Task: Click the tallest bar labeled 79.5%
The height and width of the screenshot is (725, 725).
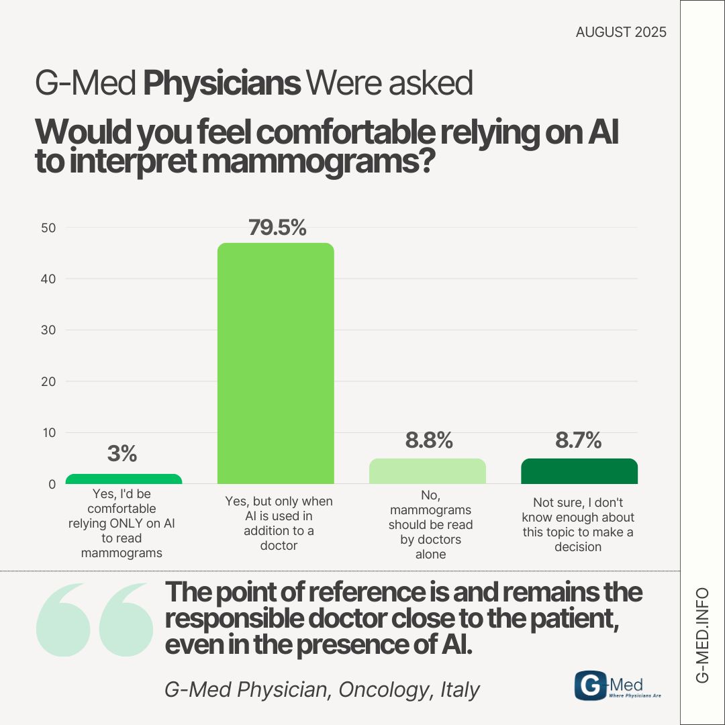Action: click(x=276, y=362)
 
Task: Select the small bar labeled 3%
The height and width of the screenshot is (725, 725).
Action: click(x=124, y=479)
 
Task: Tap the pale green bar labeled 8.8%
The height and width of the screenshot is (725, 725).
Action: click(x=428, y=471)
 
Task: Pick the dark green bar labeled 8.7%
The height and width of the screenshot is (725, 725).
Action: click(x=579, y=471)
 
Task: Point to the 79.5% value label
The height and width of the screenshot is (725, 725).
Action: click(x=277, y=228)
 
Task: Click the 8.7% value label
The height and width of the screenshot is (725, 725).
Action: click(x=578, y=441)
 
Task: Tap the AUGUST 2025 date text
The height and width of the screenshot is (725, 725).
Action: click(x=621, y=32)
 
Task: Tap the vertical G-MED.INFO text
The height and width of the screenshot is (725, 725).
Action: click(x=702, y=635)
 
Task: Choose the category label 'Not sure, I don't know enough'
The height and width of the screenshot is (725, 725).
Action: click(x=583, y=524)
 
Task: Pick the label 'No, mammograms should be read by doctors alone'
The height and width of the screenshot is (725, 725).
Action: click(x=430, y=524)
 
